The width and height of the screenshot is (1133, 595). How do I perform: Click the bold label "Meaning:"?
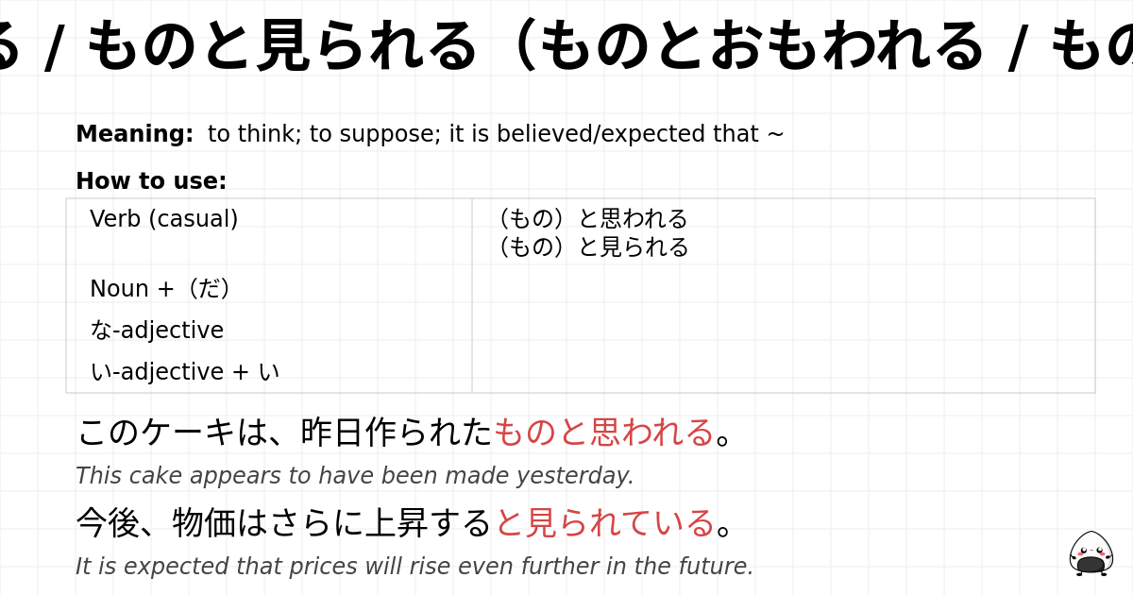[134, 134]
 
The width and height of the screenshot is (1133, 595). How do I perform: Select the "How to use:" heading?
[151, 181]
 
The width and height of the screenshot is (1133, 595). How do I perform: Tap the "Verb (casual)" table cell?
[164, 219]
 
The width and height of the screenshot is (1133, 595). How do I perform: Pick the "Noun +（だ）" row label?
[160, 289]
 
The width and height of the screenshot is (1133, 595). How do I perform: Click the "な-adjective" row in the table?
[157, 331]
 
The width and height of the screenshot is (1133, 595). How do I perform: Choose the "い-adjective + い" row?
[184, 372]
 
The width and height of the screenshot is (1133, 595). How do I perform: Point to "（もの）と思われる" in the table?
[593, 218]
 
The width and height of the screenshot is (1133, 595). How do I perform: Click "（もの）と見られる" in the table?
[593, 246]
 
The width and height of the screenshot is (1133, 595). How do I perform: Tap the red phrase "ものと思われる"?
[603, 433]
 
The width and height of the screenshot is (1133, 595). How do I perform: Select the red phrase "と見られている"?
[604, 522]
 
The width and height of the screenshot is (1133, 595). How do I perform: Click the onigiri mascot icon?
[1091, 553]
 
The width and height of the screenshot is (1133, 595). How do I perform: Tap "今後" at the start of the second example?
[107, 522]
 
